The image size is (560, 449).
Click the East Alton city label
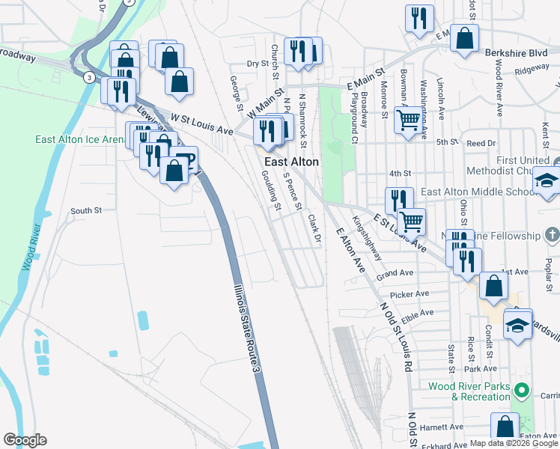pyautogui.click(x=291, y=162)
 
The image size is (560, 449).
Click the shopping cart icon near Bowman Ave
pyautogui.click(x=408, y=119)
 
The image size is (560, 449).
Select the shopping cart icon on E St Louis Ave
pyautogui.click(x=411, y=221)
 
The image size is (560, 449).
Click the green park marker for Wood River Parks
pyautogui.click(x=524, y=391)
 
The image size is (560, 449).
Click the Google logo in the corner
pyautogui.click(x=25, y=440)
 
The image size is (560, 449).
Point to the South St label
pyautogui.click(x=86, y=211)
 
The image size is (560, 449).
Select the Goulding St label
pyautogui.click(x=271, y=190)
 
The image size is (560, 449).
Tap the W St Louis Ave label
pyautogui.click(x=201, y=123)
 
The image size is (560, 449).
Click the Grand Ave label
pyautogui.click(x=395, y=274)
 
